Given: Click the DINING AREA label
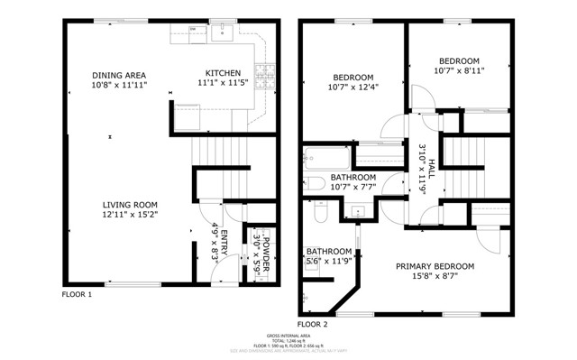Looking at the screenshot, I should [x=119, y=75].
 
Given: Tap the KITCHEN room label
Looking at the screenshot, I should [x=223, y=73].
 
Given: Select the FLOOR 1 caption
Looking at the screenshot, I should [x=77, y=294].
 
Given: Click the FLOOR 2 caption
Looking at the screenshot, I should [x=312, y=322].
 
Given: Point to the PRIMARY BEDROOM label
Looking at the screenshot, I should [x=436, y=266].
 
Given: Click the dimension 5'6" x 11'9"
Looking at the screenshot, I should [x=328, y=262].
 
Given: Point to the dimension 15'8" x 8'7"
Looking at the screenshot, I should [x=436, y=277].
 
